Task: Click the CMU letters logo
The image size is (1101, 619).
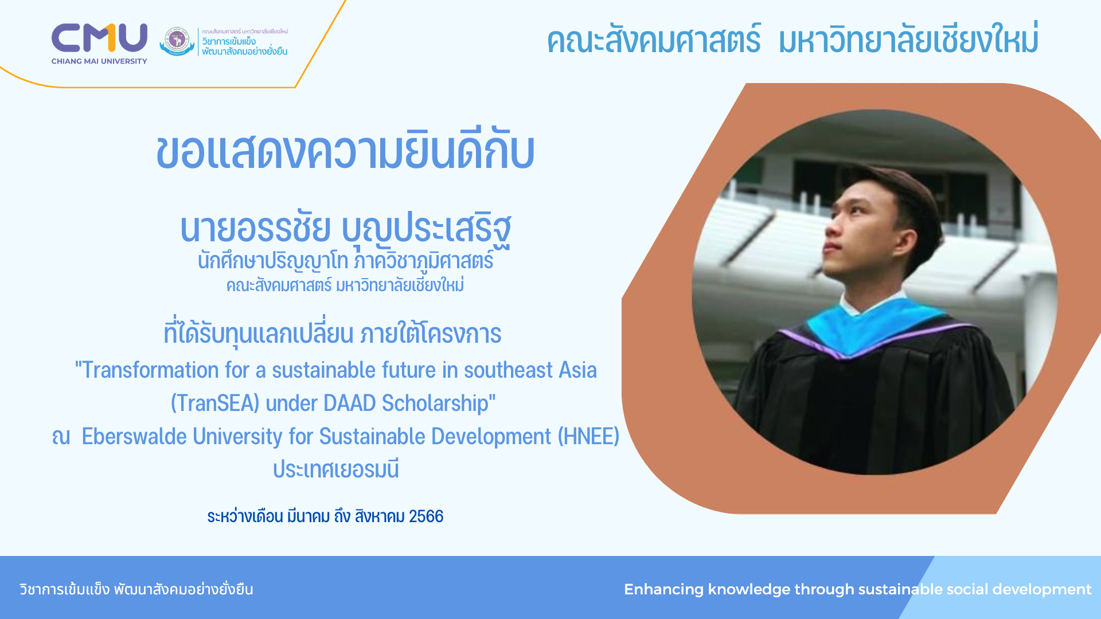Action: pyautogui.click(x=99, y=38)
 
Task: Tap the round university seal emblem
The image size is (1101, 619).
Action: pyautogui.click(x=177, y=41)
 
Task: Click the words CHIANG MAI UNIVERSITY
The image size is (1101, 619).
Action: pyautogui.click(x=99, y=61)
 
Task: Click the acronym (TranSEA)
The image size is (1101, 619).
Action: pyautogui.click(x=215, y=403)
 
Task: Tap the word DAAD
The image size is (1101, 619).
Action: pyautogui.click(x=349, y=403)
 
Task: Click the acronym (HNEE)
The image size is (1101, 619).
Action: pyautogui.click(x=589, y=437)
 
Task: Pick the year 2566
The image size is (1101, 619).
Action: pyautogui.click(x=426, y=516)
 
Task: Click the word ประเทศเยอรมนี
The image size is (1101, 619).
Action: pyautogui.click(x=336, y=469)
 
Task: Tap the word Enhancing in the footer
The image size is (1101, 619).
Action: pyautogui.click(x=663, y=590)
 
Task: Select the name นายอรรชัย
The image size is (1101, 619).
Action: pyautogui.click(x=255, y=228)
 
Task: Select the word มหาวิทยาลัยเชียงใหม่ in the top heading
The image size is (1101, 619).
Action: pyautogui.click(x=908, y=39)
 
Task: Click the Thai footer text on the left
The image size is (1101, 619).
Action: pyautogui.click(x=136, y=589)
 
